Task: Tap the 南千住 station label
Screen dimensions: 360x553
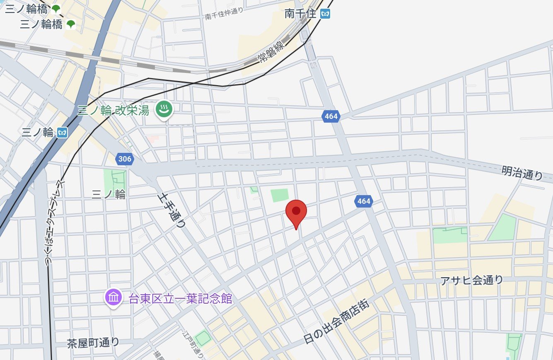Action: [300, 14]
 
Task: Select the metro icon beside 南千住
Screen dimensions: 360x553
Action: [326, 14]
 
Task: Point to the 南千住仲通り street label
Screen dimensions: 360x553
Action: [224, 14]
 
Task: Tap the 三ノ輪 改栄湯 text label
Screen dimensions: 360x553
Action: [113, 110]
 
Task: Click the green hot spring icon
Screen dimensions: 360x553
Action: [164, 110]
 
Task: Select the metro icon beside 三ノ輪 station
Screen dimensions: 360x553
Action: [63, 133]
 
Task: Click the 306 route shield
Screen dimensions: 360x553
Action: [124, 159]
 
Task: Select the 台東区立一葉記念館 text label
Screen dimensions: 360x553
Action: [181, 298]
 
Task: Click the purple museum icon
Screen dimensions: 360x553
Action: [113, 297]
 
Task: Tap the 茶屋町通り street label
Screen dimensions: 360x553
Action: [93, 343]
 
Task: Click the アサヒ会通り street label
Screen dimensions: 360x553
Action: [472, 280]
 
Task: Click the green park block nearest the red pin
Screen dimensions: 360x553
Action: [280, 195]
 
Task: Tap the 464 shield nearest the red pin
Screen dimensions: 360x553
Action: [363, 201]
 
